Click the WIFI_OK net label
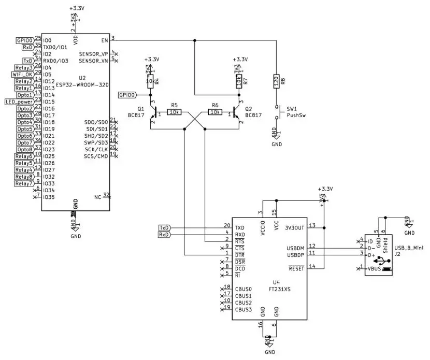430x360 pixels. [22, 75]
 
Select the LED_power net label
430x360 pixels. [19, 102]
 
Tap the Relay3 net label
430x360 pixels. [24, 68]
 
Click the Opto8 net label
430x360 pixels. [24, 149]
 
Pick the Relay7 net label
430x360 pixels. [24, 183]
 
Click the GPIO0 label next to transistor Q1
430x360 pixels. [127, 95]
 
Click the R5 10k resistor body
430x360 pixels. [174, 112]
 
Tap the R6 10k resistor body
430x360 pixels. [215, 112]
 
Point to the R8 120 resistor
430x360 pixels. [276, 81]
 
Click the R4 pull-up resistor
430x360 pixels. [150, 81]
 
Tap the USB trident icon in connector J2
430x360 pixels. [382, 261]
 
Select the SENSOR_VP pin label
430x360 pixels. [93, 54]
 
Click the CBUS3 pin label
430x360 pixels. [243, 310]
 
